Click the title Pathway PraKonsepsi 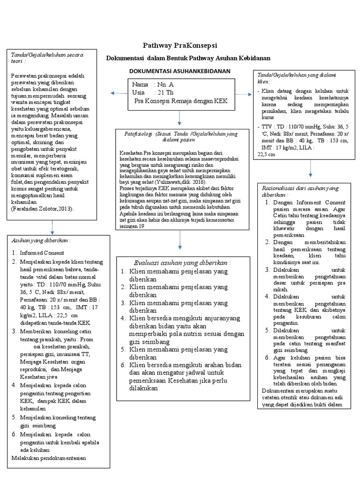click(180, 45)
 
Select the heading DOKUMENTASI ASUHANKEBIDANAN click(180, 71)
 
